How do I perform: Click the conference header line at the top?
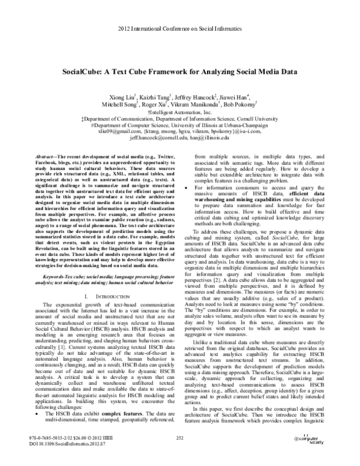click(179, 29)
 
